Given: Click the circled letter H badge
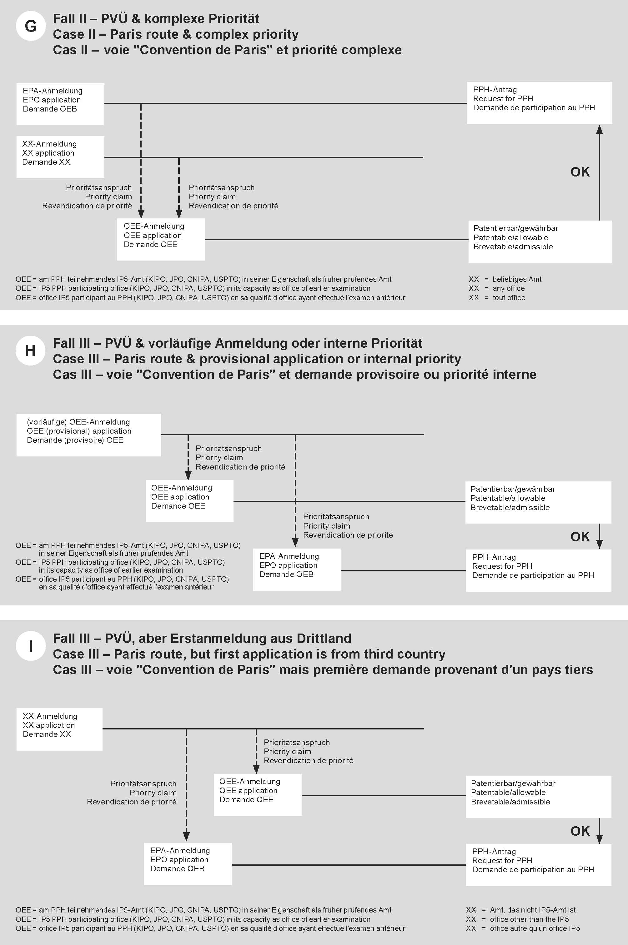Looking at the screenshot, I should pos(30,351).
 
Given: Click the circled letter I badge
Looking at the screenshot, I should pos(30,646).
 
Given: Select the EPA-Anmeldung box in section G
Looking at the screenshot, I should pos(60,104).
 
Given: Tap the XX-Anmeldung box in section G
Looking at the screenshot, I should pos(60,157).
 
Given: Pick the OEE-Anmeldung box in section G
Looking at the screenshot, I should pos(161,239).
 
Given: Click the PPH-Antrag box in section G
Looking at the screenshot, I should pos(539,103).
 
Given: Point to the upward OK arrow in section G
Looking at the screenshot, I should pos(599,172).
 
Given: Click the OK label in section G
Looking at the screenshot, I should pos(580,172).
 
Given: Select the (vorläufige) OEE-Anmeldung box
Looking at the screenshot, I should pos(88,435).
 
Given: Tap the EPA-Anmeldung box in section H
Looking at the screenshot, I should pos(296,569).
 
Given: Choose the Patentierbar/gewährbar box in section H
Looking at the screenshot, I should pos(538,502).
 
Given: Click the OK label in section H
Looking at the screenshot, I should pos(580,537).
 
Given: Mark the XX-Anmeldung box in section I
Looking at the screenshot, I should pos(59,729).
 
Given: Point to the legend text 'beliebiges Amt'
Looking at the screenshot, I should pos(517,279).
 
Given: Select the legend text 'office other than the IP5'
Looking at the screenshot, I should pos(529,919).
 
